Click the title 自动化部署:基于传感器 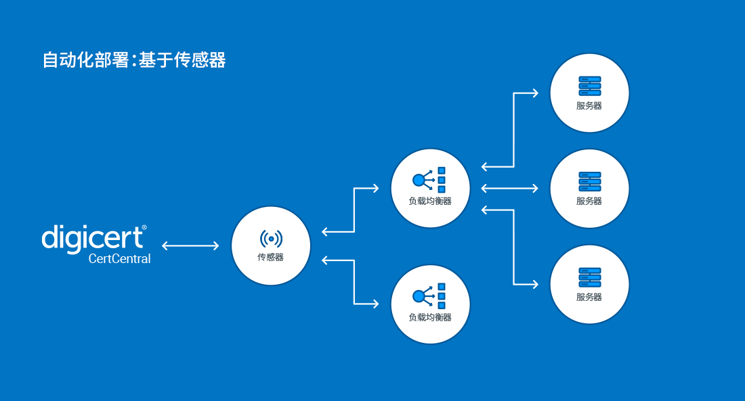coord(134,60)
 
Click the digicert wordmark coord(93,238)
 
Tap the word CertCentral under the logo coord(119,259)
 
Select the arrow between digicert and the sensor coord(190,245)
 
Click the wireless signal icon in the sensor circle coord(271,238)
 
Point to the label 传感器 coord(270,257)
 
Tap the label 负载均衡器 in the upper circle coord(430,201)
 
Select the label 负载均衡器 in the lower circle coord(430,317)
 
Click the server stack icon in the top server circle coord(589,85)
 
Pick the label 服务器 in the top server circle coord(589,106)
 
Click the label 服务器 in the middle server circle coord(589,201)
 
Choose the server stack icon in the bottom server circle coord(589,277)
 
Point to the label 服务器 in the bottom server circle coord(589,297)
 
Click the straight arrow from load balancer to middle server coord(509,188)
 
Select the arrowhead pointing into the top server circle coord(535,93)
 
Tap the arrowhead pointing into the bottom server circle coord(535,284)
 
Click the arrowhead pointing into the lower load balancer coord(375,304)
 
